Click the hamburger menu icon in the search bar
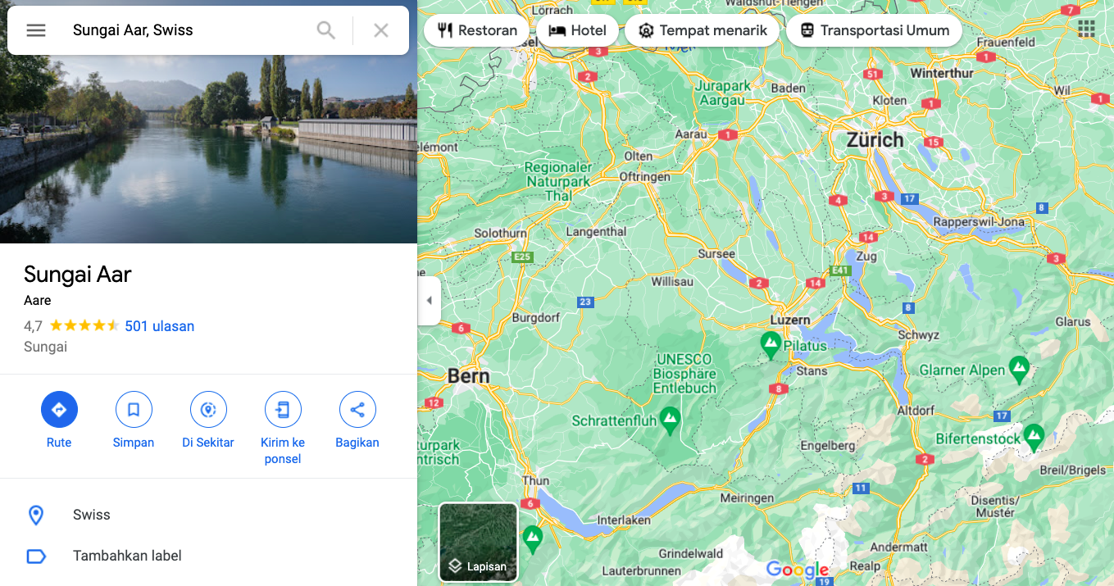click(x=36, y=30)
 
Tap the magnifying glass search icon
click(x=326, y=30)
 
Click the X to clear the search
click(x=381, y=30)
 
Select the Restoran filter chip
click(x=477, y=31)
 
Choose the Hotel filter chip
click(x=577, y=31)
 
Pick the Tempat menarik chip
click(x=702, y=31)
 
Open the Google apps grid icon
click(x=1086, y=30)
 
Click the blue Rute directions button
click(x=59, y=409)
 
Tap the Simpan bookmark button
click(x=134, y=409)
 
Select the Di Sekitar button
click(x=208, y=409)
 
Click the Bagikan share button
click(x=357, y=409)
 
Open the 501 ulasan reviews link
click(x=159, y=326)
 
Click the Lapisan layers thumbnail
click(x=479, y=542)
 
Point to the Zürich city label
click(x=875, y=139)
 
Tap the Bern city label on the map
click(x=468, y=376)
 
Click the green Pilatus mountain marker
click(x=771, y=343)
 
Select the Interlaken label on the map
click(x=624, y=520)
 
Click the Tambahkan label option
click(x=127, y=556)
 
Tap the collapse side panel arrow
click(x=429, y=301)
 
